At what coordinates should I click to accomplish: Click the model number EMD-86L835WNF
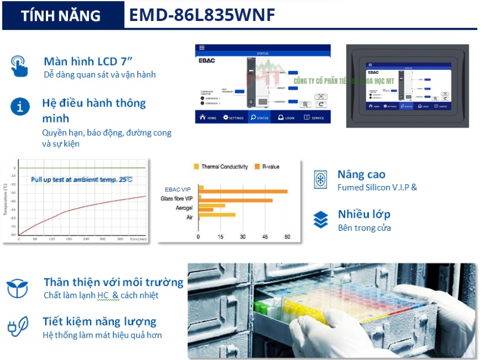202,15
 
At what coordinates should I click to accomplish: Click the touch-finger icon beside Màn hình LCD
19,66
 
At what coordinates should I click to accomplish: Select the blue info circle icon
20,106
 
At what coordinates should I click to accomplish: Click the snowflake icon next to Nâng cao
321,180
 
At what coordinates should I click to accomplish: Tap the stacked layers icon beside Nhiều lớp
321,219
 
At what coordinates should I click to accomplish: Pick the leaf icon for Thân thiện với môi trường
18,288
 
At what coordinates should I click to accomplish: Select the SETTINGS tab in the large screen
233,117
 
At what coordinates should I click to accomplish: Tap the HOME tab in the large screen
208,117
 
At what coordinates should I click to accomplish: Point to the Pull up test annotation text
82,180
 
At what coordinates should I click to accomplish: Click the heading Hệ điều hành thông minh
94,111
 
